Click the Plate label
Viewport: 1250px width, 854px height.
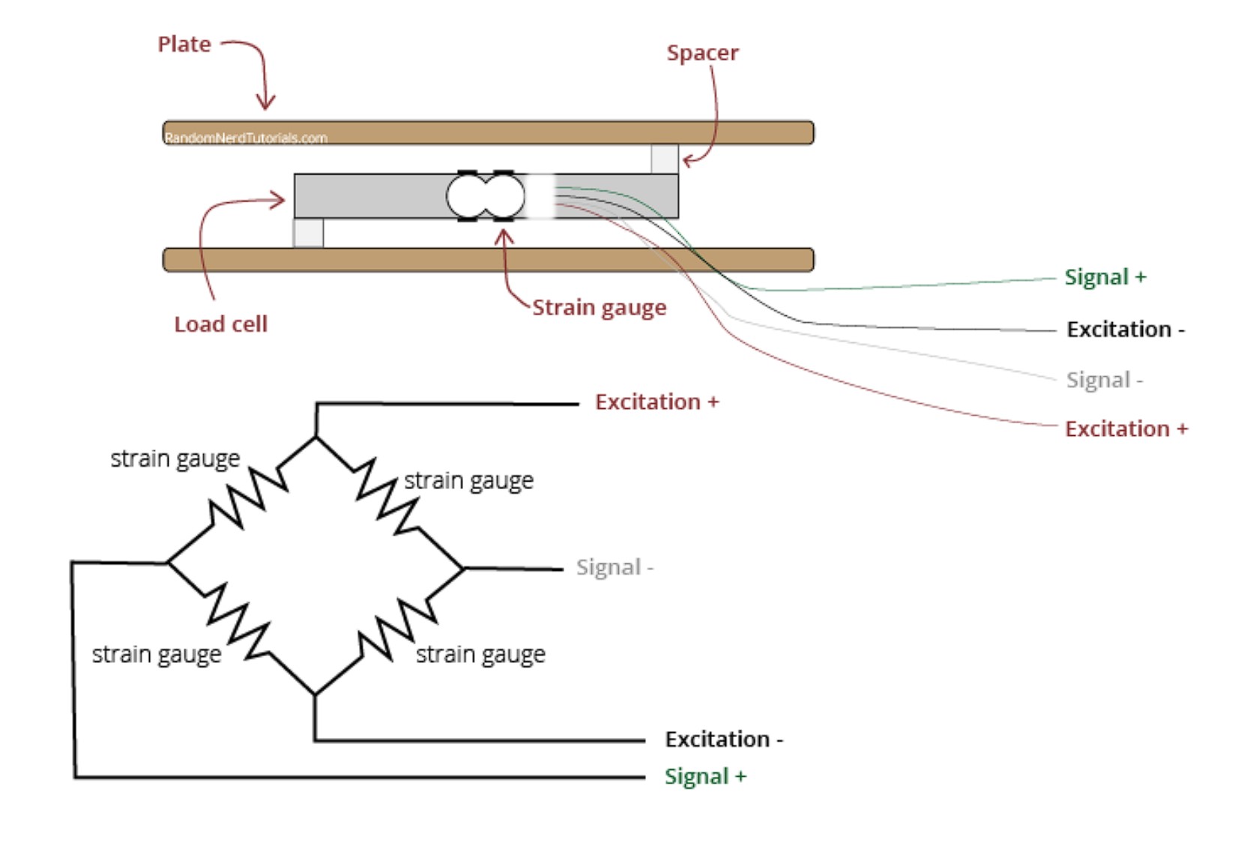pyautogui.click(x=184, y=44)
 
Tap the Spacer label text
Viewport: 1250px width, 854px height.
pyautogui.click(x=703, y=53)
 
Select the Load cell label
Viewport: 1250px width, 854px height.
pyautogui.click(x=221, y=324)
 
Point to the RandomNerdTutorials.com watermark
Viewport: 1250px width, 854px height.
pyautogui.click(x=246, y=138)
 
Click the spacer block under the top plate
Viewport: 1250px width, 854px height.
pyautogui.click(x=665, y=159)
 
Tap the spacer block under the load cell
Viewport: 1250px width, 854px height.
pyautogui.click(x=309, y=233)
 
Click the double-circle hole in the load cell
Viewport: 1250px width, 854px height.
pyautogui.click(x=486, y=196)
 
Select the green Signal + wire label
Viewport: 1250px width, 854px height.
pyautogui.click(x=1105, y=277)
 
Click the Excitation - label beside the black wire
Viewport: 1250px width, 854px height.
pyautogui.click(x=1126, y=330)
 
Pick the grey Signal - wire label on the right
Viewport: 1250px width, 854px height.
pyautogui.click(x=1105, y=381)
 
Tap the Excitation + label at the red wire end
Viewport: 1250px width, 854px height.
pyautogui.click(x=1126, y=429)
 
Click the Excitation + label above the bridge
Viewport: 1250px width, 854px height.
pyautogui.click(x=656, y=402)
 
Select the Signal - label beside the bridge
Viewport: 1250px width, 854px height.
pyautogui.click(x=615, y=567)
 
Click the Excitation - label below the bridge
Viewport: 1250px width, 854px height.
pyautogui.click(x=724, y=739)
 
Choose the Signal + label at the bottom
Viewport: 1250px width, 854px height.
pyautogui.click(x=705, y=776)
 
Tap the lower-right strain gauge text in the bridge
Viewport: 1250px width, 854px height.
pyautogui.click(x=480, y=655)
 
